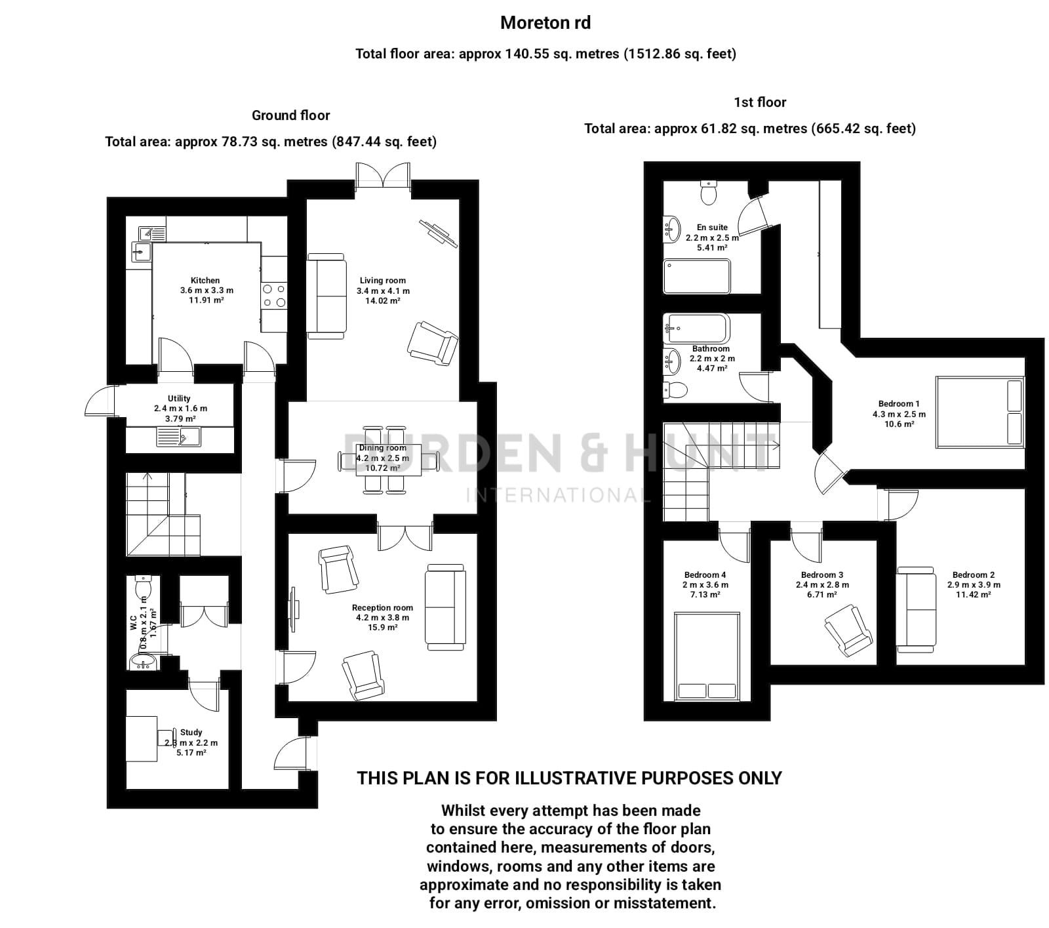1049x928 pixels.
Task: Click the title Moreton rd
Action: (x=545, y=23)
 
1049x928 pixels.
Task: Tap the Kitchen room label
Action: (x=205, y=281)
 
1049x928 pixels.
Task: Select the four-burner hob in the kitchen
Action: (x=273, y=295)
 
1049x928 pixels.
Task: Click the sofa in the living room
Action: (x=326, y=296)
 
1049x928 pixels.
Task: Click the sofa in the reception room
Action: (x=445, y=607)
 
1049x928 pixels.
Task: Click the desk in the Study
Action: (x=142, y=738)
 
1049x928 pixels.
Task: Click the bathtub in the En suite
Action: (x=696, y=277)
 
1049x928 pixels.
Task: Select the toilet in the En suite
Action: (x=709, y=193)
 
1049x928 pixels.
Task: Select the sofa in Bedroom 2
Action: (x=917, y=610)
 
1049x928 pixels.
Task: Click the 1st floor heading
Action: (x=759, y=102)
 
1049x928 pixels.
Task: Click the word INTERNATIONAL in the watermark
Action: (x=557, y=494)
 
